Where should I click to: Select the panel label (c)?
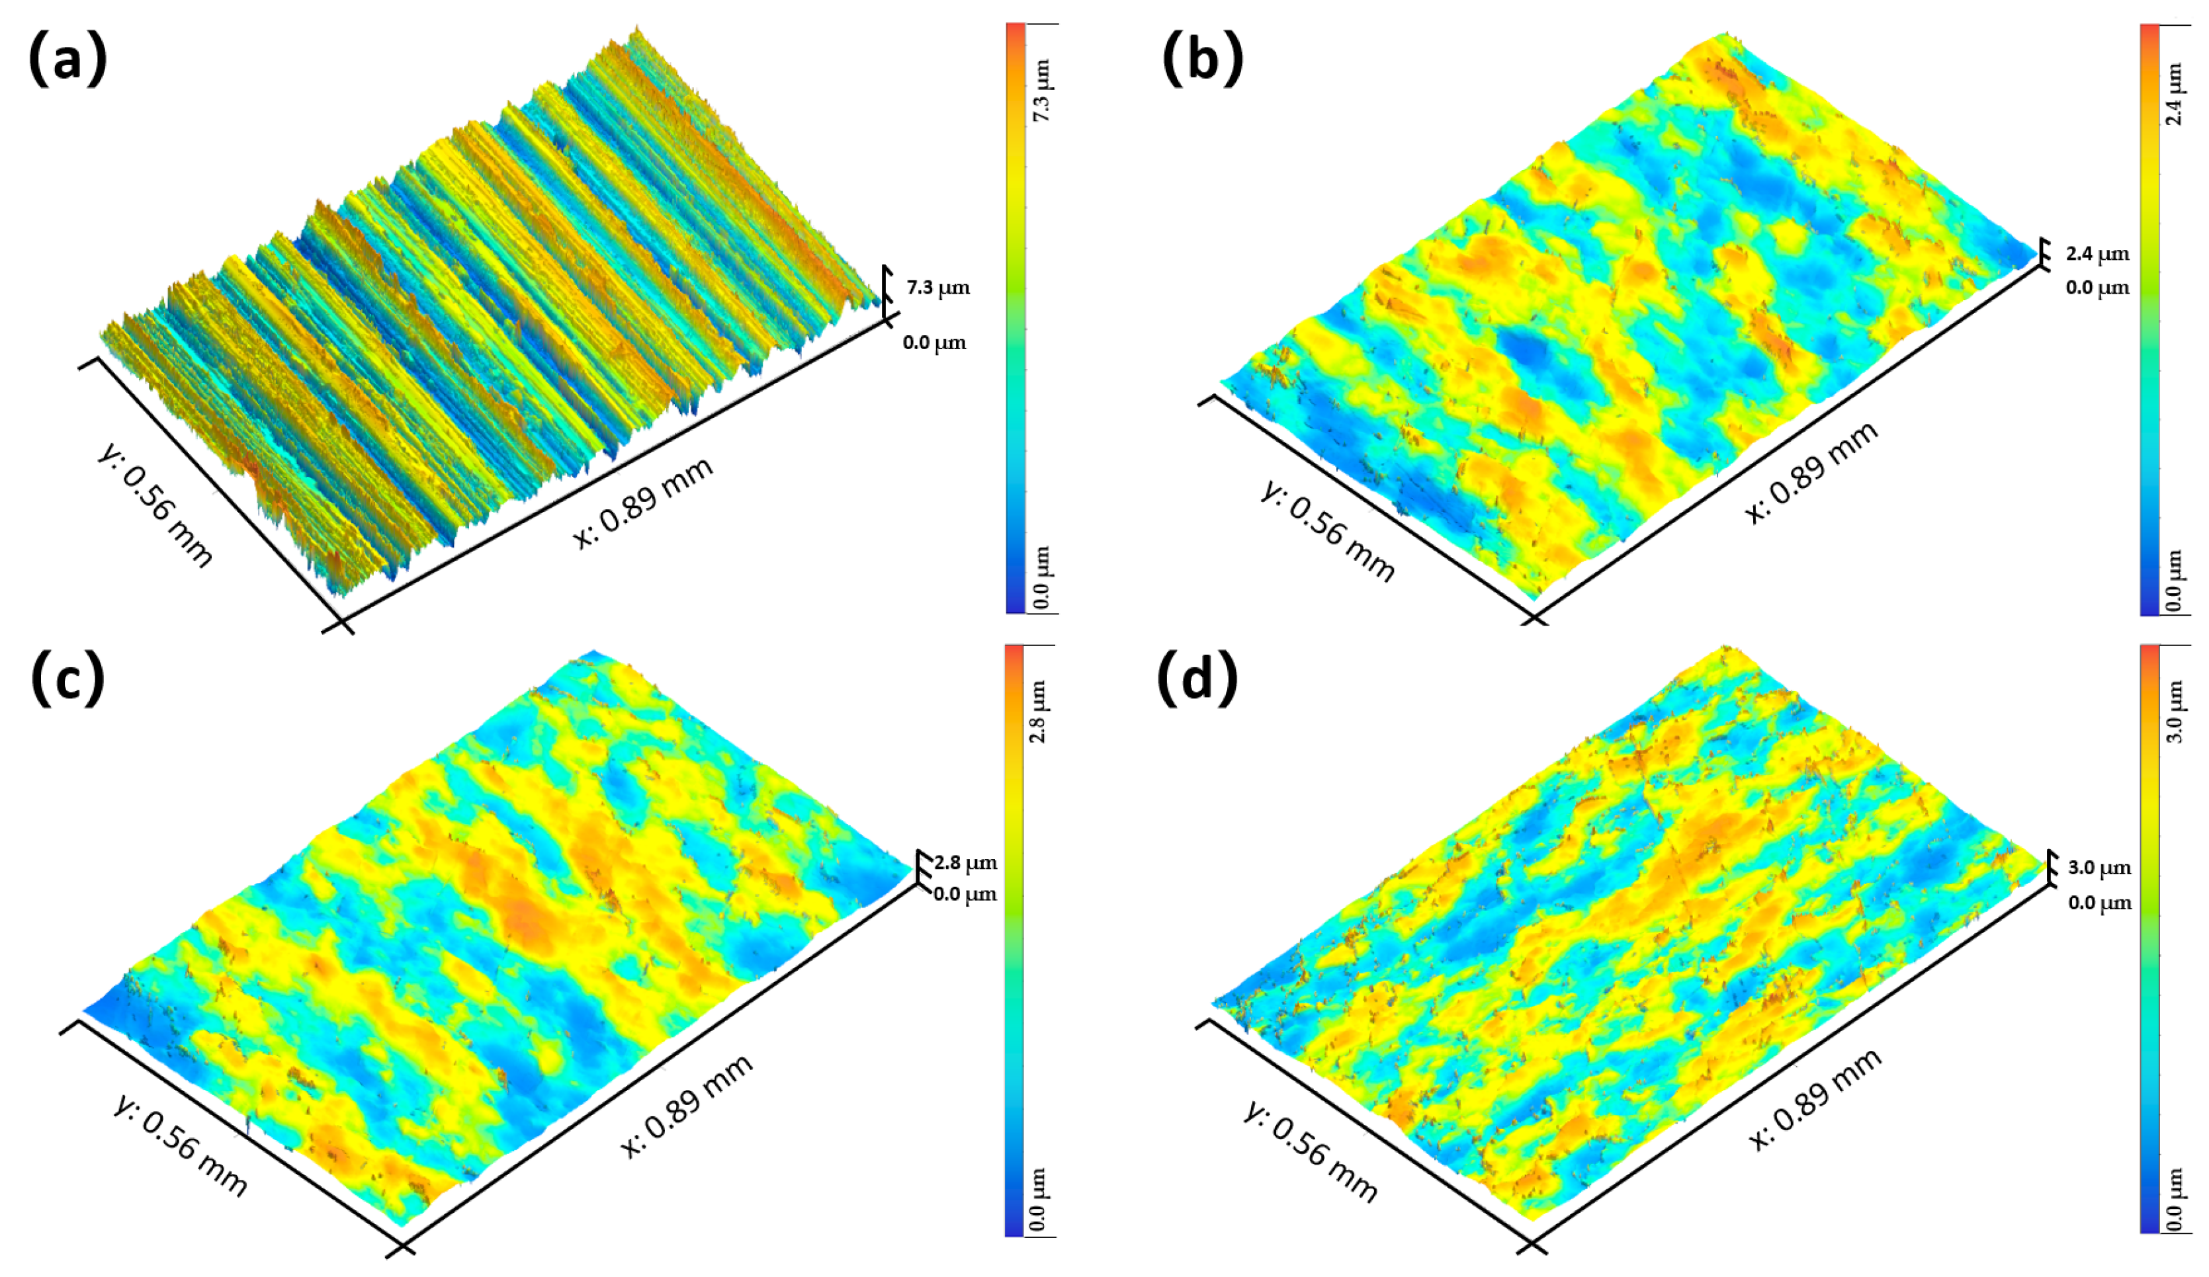point(67,679)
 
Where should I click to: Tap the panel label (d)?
point(1197,679)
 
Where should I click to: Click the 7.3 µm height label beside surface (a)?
point(938,288)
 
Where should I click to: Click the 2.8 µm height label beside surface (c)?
point(965,862)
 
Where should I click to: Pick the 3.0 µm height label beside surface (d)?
point(2099,868)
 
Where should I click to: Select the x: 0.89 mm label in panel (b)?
point(1811,472)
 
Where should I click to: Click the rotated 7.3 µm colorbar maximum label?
point(1041,91)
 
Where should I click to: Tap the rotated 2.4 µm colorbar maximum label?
point(2174,95)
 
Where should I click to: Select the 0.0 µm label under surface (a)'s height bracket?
point(934,343)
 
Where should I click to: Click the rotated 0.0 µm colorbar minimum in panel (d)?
point(2174,1199)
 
